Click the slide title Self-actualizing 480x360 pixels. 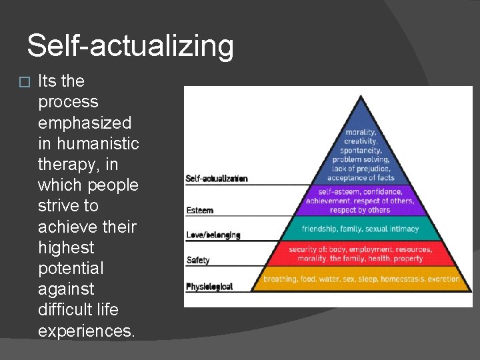130,47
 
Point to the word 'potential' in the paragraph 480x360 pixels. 71,268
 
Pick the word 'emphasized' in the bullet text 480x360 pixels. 85,123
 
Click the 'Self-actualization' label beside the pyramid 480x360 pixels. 217,179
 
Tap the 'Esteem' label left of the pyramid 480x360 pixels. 200,211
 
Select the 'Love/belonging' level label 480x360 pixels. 213,235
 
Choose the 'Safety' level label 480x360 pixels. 198,260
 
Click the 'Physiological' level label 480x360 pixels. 209,287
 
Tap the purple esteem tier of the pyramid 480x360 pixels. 361,200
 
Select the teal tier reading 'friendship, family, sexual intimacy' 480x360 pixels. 361,229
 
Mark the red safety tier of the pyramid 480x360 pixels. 361,254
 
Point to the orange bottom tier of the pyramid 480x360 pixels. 361,279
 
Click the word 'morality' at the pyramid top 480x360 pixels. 361,133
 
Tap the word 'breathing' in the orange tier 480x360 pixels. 281,279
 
